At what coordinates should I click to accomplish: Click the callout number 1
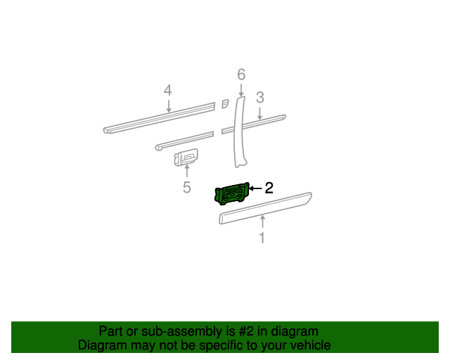pos(262,238)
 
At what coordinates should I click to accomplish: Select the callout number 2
pos(268,188)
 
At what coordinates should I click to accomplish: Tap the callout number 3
pos(259,97)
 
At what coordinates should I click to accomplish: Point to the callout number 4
pos(167,90)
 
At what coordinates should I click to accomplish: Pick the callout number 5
pos(187,187)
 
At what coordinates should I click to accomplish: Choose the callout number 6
pos(241,74)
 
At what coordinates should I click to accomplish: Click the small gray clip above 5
pos(186,158)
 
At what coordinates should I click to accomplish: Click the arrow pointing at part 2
pos(255,188)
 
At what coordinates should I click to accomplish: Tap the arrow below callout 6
pos(241,89)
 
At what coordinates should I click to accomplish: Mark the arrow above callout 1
pos(262,223)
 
